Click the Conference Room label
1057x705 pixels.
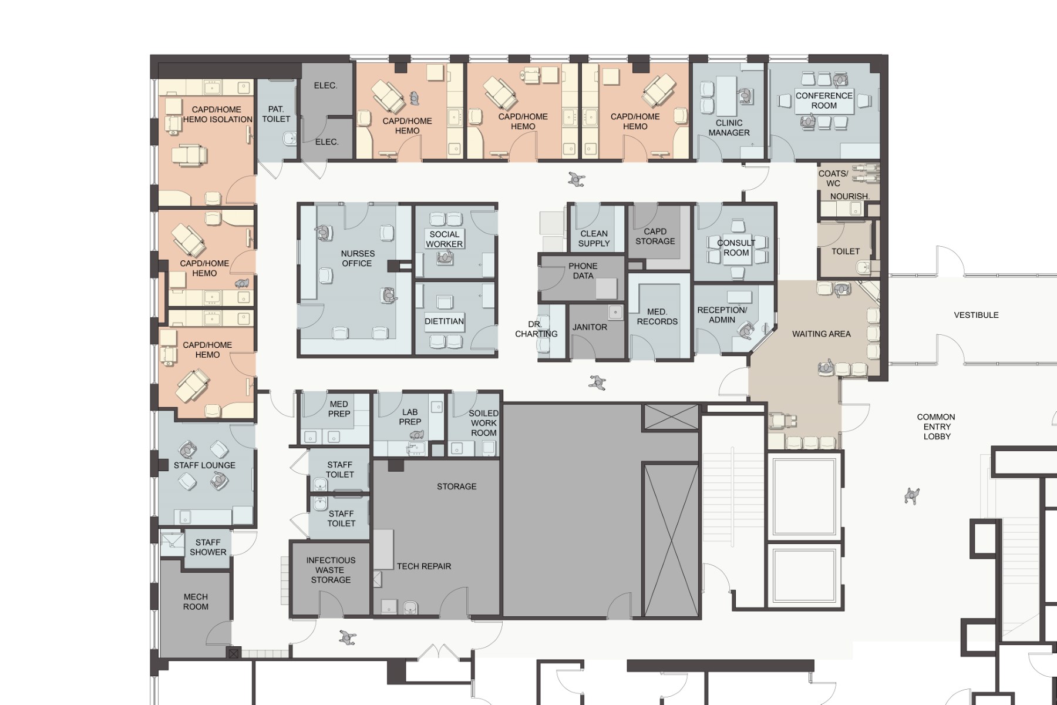point(824,100)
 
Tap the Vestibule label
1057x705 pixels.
point(976,315)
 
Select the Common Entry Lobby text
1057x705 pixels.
point(936,427)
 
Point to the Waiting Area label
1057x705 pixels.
point(821,334)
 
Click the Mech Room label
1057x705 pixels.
point(196,602)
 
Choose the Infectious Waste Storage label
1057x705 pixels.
point(331,570)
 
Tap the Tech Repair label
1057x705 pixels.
point(424,566)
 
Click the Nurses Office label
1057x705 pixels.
point(358,258)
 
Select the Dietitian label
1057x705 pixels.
point(445,321)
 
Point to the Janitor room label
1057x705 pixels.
point(590,327)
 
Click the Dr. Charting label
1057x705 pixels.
point(536,329)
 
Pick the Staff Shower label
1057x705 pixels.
point(208,547)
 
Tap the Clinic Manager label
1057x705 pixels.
point(729,127)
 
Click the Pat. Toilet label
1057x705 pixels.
point(276,114)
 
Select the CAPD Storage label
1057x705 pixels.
point(655,236)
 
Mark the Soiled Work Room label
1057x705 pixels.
point(483,423)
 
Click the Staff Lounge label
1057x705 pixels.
point(204,465)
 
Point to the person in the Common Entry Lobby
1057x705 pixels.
point(911,496)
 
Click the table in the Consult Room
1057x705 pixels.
point(736,248)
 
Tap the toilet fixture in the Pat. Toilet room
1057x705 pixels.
point(289,139)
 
